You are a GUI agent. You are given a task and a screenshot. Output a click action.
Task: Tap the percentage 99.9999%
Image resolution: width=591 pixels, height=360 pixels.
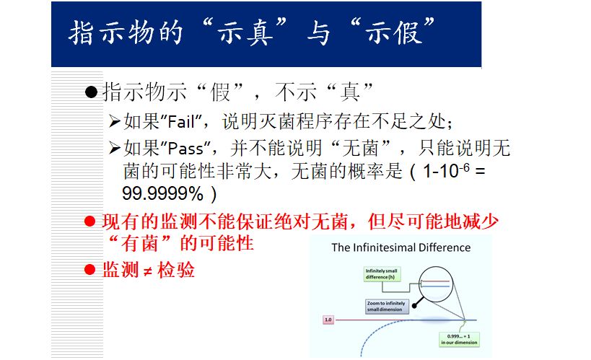pos(162,194)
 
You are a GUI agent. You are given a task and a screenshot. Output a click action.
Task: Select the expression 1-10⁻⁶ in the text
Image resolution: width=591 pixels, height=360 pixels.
pos(445,172)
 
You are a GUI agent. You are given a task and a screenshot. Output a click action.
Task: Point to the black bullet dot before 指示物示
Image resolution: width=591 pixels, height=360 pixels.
pos(91,93)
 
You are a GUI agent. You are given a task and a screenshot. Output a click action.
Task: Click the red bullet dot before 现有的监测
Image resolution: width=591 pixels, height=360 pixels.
pos(90,221)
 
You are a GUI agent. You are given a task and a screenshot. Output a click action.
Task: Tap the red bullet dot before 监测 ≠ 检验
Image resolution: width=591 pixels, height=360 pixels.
pos(90,271)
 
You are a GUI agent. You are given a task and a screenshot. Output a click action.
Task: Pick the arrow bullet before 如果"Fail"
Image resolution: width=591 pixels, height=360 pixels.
pos(114,120)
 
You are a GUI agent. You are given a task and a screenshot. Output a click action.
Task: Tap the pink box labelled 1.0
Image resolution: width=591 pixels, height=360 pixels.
pos(328,318)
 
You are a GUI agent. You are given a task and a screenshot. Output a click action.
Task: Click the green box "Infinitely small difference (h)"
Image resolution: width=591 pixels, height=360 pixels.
pos(381,273)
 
